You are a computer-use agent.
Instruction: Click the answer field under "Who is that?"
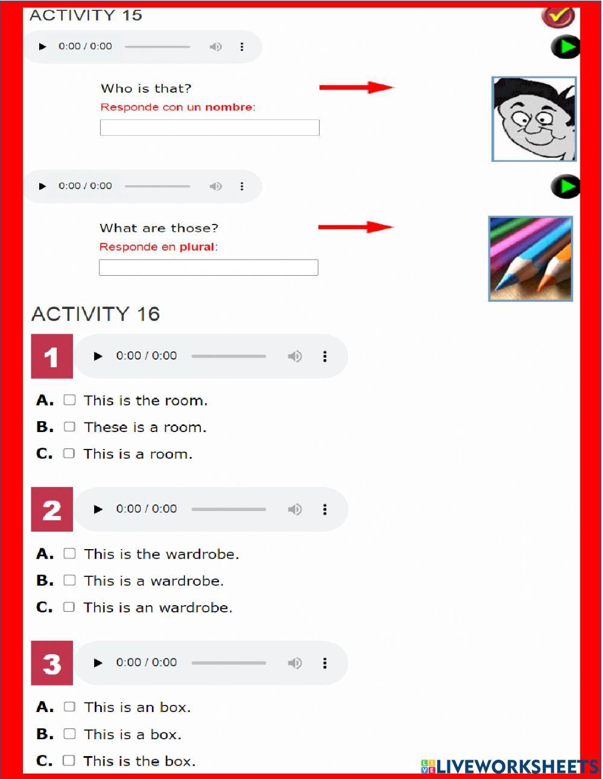209,127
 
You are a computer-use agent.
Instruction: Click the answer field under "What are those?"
208,267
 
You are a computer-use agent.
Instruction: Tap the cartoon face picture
534,119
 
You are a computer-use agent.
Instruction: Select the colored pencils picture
530,258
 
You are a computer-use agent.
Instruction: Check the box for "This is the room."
70,400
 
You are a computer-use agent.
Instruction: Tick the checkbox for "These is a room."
70,427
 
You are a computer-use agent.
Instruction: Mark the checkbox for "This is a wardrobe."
70,580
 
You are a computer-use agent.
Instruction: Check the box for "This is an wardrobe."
69,607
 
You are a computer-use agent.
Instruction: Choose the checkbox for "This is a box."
70,734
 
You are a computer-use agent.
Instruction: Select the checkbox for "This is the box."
69,760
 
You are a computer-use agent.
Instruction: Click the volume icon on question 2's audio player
294,509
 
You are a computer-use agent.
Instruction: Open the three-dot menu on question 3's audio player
325,663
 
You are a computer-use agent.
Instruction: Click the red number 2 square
52,510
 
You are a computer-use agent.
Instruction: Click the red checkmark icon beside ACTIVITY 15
558,16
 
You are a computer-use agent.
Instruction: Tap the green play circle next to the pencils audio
565,187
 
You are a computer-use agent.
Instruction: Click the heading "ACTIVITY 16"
95,314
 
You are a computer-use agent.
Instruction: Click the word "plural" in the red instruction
197,247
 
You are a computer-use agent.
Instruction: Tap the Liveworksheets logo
510,766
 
